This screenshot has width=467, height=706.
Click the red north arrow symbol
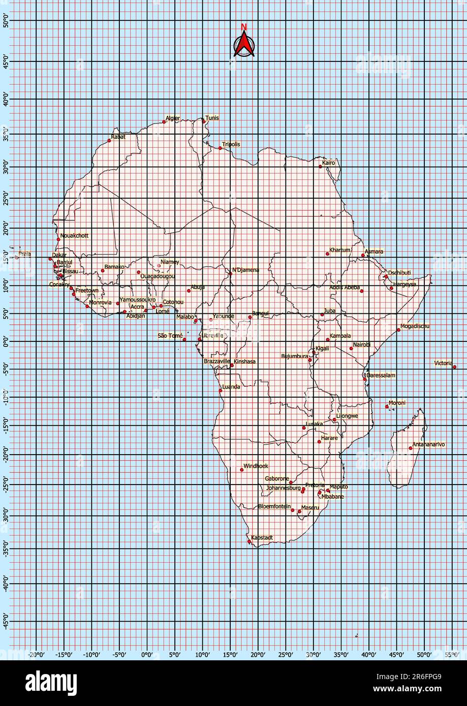click(x=244, y=44)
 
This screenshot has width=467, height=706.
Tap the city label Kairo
click(x=329, y=163)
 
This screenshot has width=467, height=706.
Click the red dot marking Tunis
click(x=204, y=121)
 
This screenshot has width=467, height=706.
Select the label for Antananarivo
click(x=428, y=444)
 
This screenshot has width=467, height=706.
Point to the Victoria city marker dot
click(x=454, y=367)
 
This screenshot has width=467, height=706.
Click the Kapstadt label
click(x=262, y=537)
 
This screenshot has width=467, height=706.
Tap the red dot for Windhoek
click(x=241, y=470)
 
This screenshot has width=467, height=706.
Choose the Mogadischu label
click(x=415, y=326)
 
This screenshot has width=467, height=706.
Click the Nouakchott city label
click(x=74, y=236)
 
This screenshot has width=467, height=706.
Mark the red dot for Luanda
click(x=221, y=390)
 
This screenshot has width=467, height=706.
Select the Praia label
click(x=24, y=253)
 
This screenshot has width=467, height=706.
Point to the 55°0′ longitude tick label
click(x=451, y=655)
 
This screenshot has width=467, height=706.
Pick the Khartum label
click(x=340, y=250)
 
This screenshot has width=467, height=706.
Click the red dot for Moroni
click(x=387, y=406)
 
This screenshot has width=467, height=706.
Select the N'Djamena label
click(x=245, y=270)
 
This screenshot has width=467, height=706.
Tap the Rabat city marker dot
click(x=109, y=140)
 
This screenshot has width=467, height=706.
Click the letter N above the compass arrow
click(x=244, y=27)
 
